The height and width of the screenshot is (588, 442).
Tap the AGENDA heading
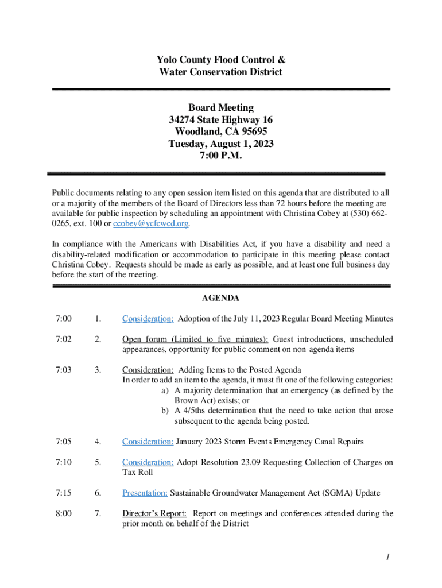[220, 298]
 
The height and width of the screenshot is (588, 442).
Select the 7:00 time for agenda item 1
[64, 318]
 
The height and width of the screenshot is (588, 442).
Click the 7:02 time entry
[64, 339]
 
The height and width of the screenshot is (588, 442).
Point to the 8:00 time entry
[64, 513]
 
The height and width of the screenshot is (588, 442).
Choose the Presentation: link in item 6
[145, 493]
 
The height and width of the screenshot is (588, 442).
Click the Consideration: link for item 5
[148, 462]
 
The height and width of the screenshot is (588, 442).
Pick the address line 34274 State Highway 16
[220, 120]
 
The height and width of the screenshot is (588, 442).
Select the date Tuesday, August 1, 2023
[220, 144]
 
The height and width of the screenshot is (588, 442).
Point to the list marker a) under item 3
[165, 390]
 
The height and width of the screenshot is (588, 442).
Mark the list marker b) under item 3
[165, 411]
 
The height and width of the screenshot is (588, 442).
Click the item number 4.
[98, 442]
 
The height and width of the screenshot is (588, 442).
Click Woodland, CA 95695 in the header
[220, 132]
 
